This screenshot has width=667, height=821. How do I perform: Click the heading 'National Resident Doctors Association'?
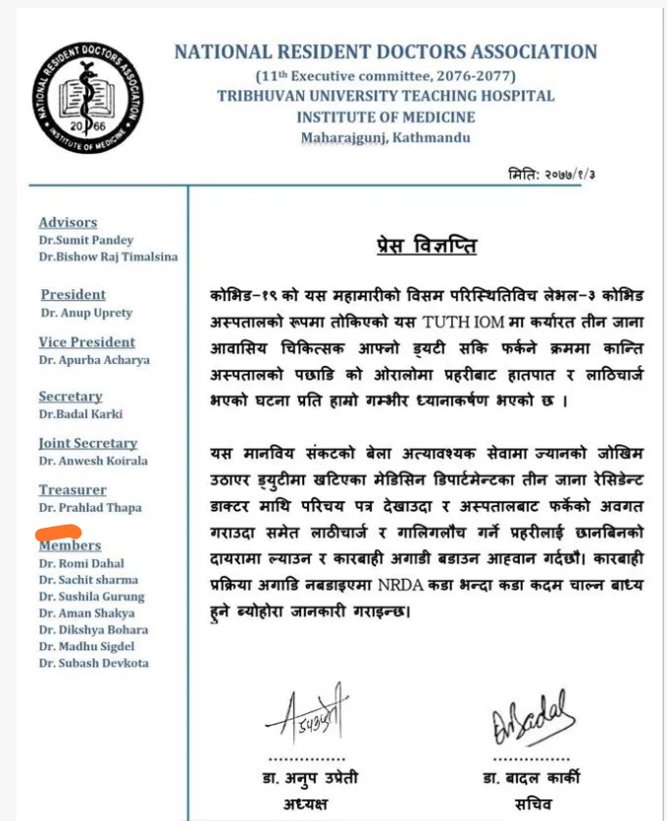click(x=385, y=53)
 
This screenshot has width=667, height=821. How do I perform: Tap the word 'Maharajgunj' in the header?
click(x=342, y=137)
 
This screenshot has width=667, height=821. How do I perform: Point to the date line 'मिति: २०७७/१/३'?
click(x=558, y=175)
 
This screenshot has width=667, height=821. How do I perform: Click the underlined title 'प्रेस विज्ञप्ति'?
click(x=426, y=245)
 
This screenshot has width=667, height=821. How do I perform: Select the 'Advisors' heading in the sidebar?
click(x=68, y=223)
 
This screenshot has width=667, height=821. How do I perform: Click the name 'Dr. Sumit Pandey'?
click(x=86, y=240)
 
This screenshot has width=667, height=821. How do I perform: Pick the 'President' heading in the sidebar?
click(x=73, y=294)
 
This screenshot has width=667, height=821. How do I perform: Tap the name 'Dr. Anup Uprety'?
click(x=86, y=313)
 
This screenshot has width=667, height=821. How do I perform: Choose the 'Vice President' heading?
click(x=86, y=342)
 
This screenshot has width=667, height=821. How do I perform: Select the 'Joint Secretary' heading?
click(x=87, y=443)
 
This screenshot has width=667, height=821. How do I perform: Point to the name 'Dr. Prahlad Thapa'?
click(x=90, y=507)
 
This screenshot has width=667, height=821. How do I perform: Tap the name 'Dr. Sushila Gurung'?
click(x=91, y=596)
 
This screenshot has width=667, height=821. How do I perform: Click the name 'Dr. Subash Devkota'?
click(x=93, y=663)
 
